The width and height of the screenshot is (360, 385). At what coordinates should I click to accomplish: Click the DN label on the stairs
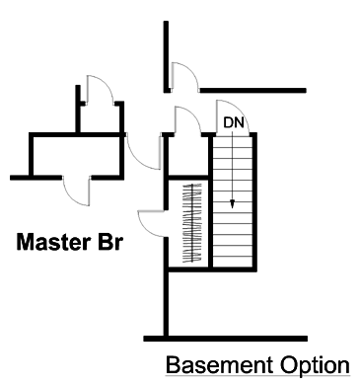click(x=234, y=122)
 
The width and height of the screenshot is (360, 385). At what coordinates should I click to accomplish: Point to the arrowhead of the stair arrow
click(x=234, y=204)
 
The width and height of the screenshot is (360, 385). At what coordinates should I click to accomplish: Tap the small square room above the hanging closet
click(x=184, y=153)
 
